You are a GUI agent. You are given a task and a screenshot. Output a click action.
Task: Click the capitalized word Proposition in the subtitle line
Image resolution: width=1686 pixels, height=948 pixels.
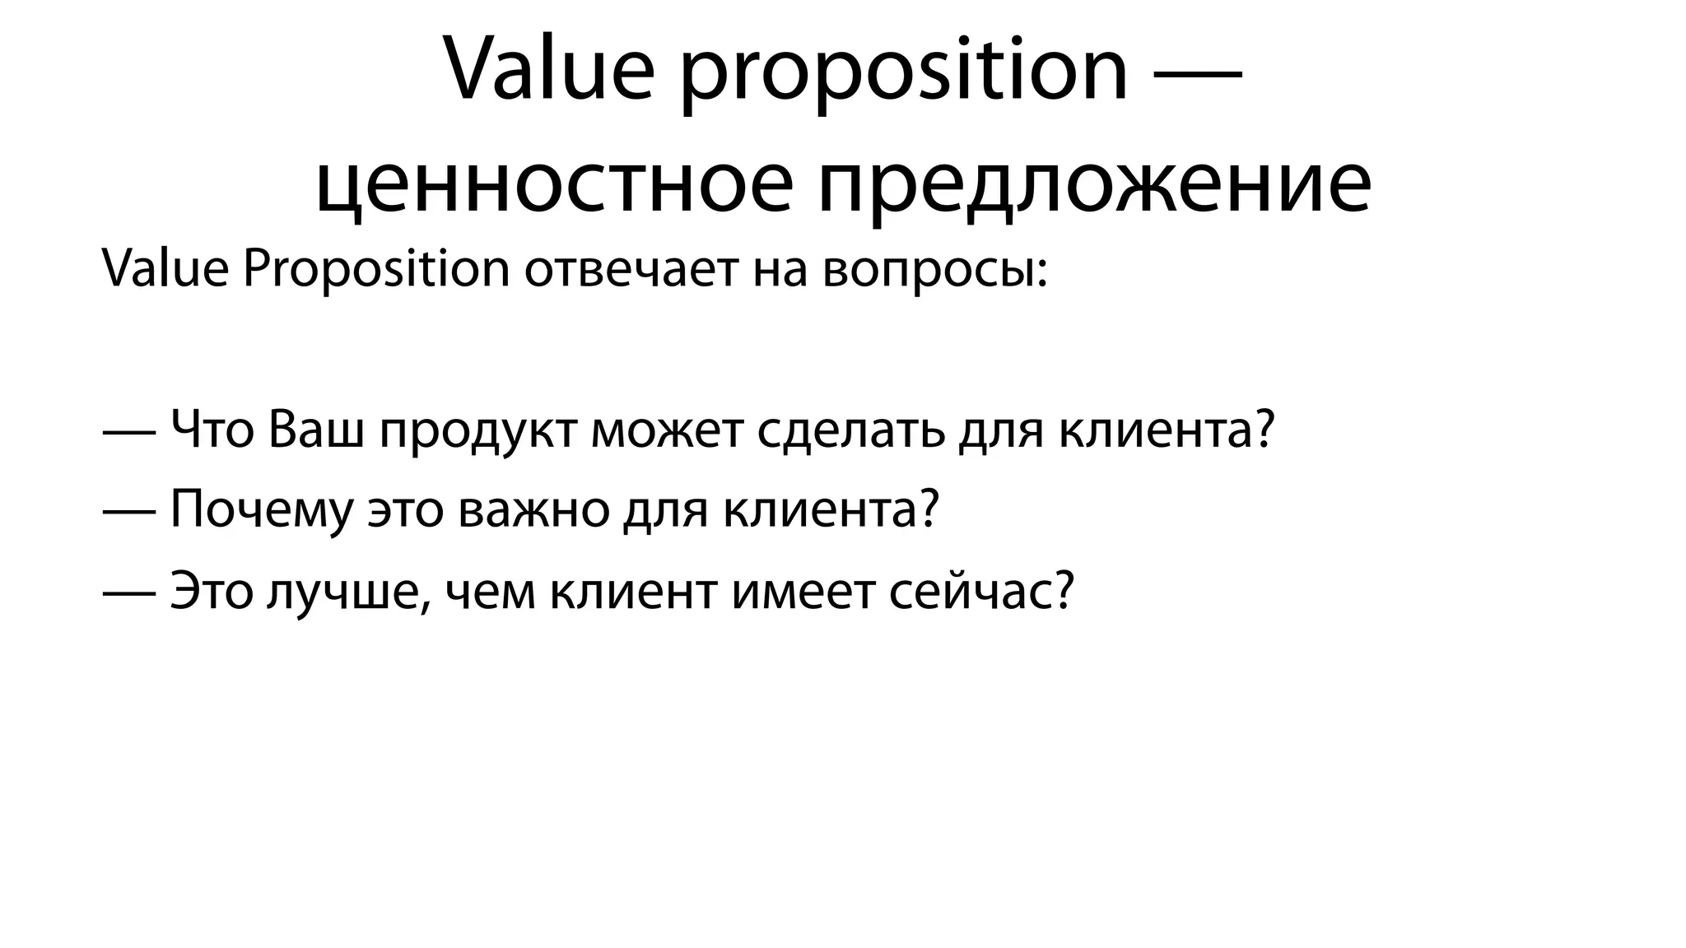pos(376,270)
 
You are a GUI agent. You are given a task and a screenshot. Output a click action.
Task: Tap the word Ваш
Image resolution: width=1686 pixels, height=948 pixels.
pos(315,430)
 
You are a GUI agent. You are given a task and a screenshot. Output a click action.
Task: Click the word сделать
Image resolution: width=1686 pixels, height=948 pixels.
pos(850,431)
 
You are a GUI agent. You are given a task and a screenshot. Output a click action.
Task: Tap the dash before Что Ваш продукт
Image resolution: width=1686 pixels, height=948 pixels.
pos(129,431)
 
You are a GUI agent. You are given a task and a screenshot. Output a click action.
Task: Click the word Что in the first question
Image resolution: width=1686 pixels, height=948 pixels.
pos(212,430)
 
